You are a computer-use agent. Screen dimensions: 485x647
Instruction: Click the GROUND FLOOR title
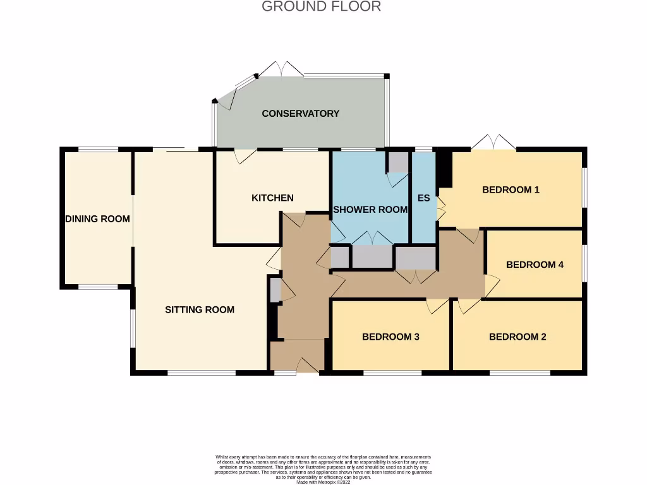(321, 7)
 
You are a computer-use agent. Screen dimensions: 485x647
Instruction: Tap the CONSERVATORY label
(300, 114)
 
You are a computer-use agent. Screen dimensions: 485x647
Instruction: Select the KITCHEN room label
(272, 198)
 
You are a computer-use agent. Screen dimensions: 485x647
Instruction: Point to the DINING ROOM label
(97, 219)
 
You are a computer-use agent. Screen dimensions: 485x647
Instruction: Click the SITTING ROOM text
(200, 309)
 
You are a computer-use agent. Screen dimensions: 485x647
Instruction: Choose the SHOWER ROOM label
(370, 210)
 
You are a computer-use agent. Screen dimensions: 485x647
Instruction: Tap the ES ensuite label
(423, 198)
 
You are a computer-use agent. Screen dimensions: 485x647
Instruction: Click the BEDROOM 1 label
(511, 189)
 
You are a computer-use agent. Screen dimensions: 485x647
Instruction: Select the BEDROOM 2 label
(517, 337)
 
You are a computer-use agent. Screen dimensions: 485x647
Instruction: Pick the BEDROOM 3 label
(390, 337)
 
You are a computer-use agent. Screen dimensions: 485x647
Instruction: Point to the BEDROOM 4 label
(535, 265)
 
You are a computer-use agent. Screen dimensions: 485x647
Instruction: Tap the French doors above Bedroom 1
(493, 142)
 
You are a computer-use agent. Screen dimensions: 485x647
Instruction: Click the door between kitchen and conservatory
(243, 155)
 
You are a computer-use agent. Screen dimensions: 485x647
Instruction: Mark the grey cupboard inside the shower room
(398, 162)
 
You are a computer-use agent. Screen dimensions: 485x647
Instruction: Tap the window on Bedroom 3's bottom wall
(392, 373)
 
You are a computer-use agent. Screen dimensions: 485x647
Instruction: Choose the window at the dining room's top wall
(97, 150)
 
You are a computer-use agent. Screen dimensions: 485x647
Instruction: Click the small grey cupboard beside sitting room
(275, 290)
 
